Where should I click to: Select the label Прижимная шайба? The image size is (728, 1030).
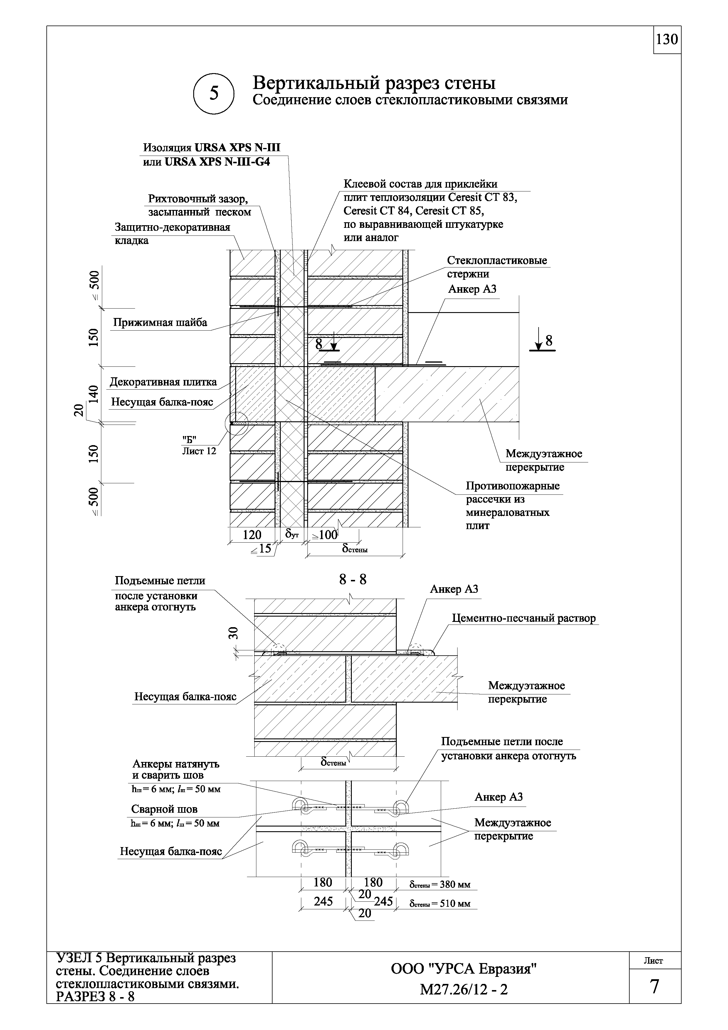click(x=160, y=323)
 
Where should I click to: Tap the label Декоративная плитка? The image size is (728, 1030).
click(x=163, y=382)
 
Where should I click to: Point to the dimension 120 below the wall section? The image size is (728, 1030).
click(x=252, y=535)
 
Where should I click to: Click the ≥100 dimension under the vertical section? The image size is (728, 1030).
click(x=324, y=535)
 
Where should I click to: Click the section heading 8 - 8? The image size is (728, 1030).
click(x=353, y=580)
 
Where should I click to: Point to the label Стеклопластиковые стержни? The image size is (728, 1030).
click(x=497, y=267)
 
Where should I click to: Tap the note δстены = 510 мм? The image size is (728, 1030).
click(x=440, y=904)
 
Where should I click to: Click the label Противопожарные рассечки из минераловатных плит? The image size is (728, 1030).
click(x=512, y=506)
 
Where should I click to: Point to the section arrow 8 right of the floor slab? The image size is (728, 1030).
click(x=544, y=342)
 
